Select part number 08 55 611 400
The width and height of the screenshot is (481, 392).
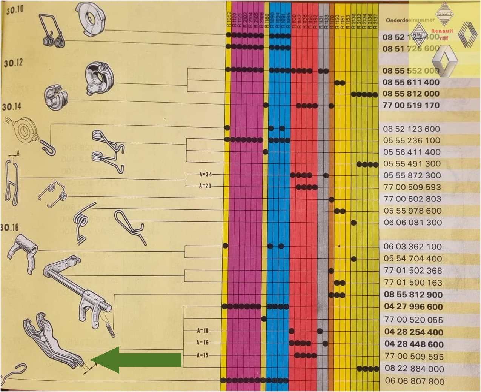[411, 82]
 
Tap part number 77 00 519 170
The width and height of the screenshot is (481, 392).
[411, 105]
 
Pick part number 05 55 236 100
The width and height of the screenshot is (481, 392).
[412, 140]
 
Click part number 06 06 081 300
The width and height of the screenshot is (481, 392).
[413, 223]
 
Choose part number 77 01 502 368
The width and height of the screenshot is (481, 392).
[413, 271]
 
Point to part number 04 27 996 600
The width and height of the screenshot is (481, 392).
[413, 307]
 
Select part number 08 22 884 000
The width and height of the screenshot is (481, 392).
[414, 369]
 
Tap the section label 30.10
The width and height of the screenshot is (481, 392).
[14, 10]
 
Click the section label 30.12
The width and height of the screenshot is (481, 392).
[13, 63]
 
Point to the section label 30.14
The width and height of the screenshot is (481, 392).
[12, 107]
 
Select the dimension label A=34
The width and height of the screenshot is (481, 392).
[206, 174]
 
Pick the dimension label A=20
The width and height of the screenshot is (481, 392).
[206, 186]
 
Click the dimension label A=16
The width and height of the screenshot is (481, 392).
[202, 343]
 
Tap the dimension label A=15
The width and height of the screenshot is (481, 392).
[202, 355]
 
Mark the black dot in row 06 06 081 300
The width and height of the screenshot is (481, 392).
[353, 223]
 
